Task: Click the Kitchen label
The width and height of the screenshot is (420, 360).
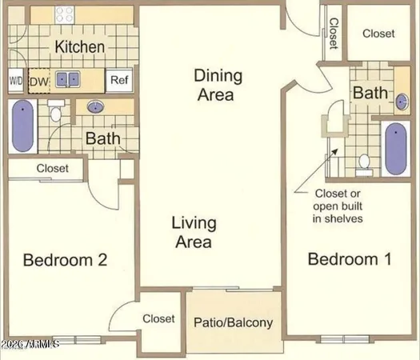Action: pyautogui.click(x=79, y=47)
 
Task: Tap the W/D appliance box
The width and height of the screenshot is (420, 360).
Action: pyautogui.click(x=16, y=81)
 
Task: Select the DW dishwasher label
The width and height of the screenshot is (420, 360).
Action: pyautogui.click(x=38, y=81)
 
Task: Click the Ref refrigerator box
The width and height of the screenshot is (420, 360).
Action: pyautogui.click(x=119, y=80)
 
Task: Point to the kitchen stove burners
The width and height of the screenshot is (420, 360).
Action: pyautogui.click(x=64, y=14)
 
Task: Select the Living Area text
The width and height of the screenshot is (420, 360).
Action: pyautogui.click(x=192, y=231)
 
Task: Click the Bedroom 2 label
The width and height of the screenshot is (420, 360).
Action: pyautogui.click(x=65, y=260)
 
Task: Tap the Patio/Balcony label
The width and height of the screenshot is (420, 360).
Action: pyautogui.click(x=234, y=323)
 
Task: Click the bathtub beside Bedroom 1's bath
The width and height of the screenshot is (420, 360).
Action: pyautogui.click(x=397, y=149)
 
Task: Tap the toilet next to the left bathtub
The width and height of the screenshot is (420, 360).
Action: pyautogui.click(x=55, y=116)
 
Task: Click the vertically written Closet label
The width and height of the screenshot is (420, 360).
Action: pyautogui.click(x=334, y=34)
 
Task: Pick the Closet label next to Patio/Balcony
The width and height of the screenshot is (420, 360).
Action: pyautogui.click(x=158, y=318)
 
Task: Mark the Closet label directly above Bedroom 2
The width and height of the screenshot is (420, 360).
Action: pyautogui.click(x=53, y=169)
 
